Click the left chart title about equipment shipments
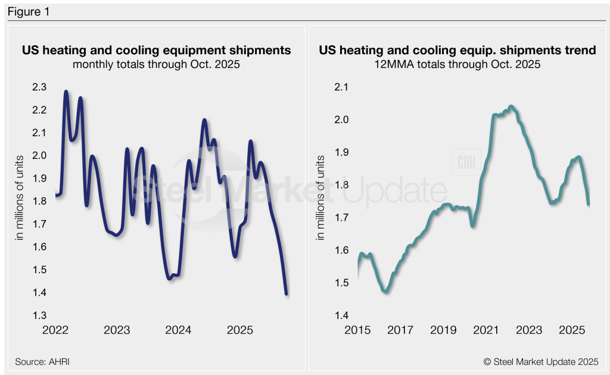point(156,51)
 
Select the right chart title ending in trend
point(457,51)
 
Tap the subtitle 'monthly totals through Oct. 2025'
point(156,64)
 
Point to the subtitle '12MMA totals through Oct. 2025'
point(457,64)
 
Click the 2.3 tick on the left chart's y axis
point(39,87)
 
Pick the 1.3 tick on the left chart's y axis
point(39,315)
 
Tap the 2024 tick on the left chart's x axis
point(178,330)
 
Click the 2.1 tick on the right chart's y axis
point(340,87)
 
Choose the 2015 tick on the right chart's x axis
point(357,330)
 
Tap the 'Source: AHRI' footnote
point(39,361)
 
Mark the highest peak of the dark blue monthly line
point(66,92)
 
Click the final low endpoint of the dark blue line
point(287,293)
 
